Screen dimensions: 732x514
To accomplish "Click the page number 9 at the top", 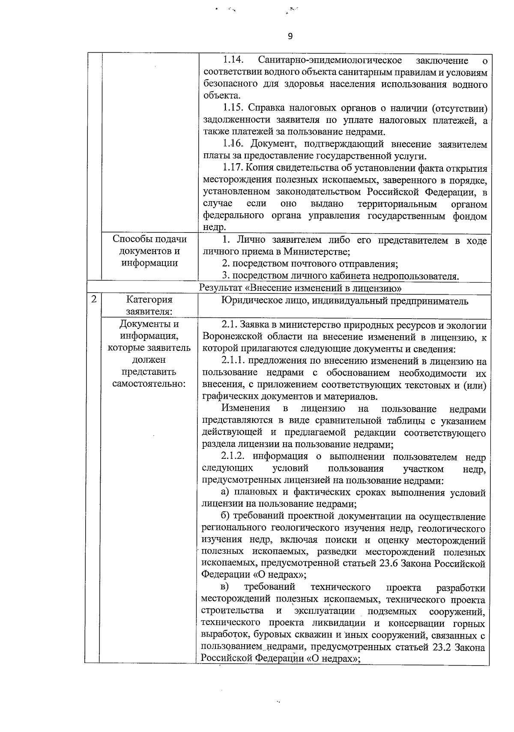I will point(290,37).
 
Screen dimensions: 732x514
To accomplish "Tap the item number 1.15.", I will point(234,108).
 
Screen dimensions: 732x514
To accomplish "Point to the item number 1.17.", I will point(234,168).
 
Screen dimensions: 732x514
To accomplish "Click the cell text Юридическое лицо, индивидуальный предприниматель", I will point(345,301).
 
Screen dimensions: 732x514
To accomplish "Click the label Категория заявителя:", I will point(149,305).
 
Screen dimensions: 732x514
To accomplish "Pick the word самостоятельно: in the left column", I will point(149,384).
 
